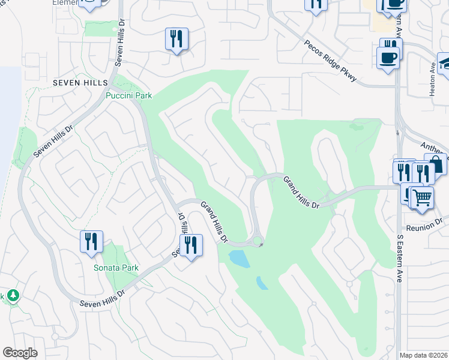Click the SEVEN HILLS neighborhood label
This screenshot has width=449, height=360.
[x=79, y=82]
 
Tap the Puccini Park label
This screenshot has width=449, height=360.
[x=128, y=95]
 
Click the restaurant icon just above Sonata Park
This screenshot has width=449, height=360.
[x=91, y=241]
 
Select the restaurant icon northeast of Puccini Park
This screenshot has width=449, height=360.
[x=176, y=39]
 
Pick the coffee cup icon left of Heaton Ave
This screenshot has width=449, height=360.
[x=388, y=58]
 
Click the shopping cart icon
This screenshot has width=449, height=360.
[x=423, y=197]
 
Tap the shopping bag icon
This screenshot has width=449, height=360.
[x=435, y=164]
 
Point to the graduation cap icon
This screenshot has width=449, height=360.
[x=445, y=62]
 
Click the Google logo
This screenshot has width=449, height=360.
[x=20, y=353]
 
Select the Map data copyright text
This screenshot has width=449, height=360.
[x=423, y=355]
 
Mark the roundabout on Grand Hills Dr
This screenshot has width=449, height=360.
[x=258, y=242]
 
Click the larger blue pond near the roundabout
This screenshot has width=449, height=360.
[x=239, y=259]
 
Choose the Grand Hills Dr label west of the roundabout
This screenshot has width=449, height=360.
[x=214, y=221]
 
